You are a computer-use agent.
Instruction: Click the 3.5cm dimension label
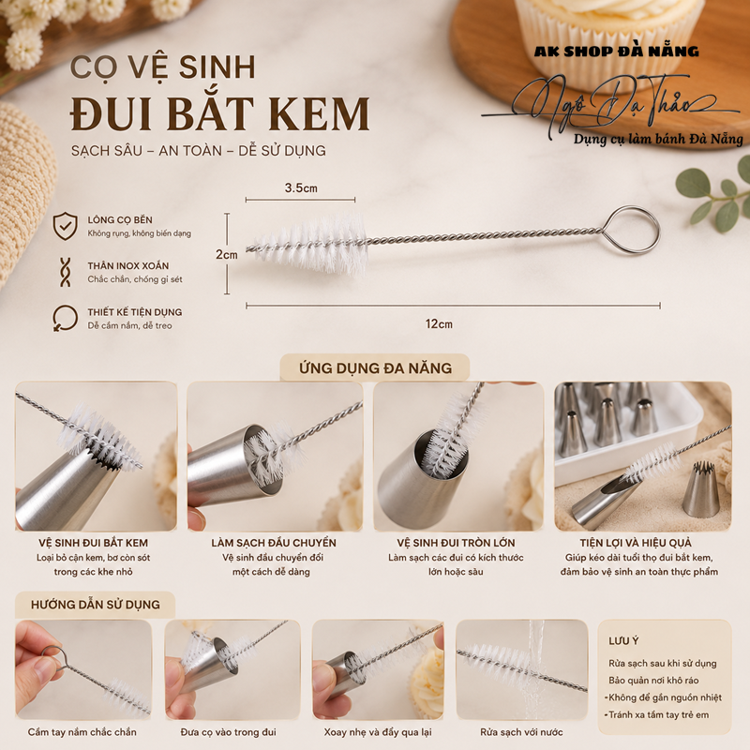pos(301,188)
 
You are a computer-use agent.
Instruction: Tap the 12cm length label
pos(439,323)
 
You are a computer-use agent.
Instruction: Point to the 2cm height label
pos(227,254)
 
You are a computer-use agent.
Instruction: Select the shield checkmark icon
pos(65,226)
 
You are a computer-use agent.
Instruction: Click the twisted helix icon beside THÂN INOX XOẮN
pos(65,272)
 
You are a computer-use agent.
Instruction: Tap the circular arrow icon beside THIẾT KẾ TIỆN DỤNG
pos(65,318)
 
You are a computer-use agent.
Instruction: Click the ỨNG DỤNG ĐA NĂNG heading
pos(376,367)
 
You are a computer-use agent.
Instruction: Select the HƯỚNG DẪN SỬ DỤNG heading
pos(96,605)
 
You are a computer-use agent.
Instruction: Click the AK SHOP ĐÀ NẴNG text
pos(617,52)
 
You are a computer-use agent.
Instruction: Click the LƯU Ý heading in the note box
pos(623,641)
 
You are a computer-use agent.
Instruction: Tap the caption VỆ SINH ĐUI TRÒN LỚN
pos(456,543)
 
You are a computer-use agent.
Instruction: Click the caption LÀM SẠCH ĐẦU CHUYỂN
pos(274,543)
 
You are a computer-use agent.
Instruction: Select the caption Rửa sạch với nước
pos(521,732)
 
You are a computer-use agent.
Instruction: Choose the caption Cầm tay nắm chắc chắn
pos(82,732)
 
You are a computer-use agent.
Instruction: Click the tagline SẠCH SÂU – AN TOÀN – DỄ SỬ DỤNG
pos(199,151)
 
